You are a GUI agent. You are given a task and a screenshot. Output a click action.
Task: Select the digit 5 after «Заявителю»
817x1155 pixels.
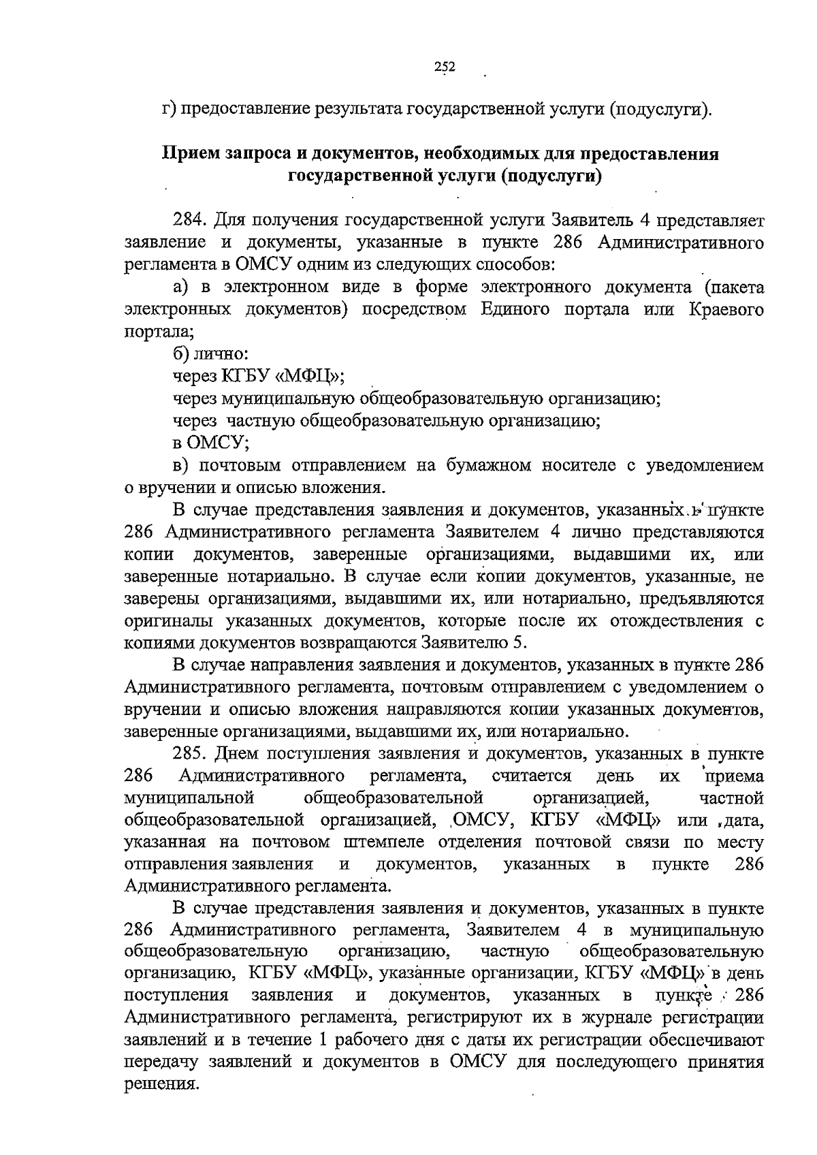tap(522, 643)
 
